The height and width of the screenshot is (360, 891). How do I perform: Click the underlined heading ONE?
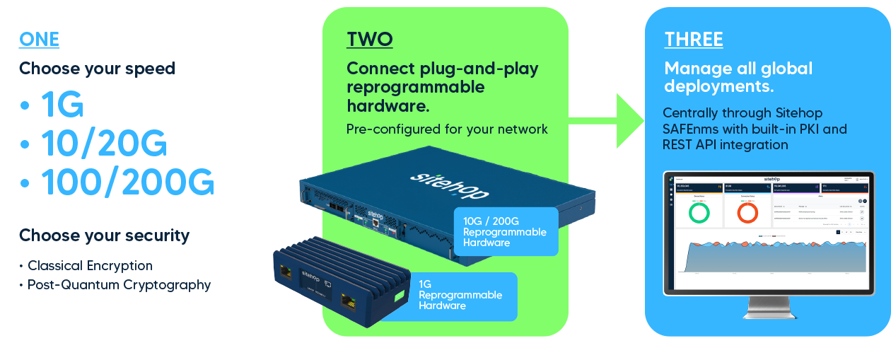pos(39,40)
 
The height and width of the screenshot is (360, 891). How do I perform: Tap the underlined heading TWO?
pos(369,40)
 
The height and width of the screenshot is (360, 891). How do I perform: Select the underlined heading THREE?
pos(694,40)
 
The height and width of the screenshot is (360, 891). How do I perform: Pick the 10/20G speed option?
pos(103,144)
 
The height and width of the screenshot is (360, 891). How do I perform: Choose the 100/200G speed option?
pos(127,182)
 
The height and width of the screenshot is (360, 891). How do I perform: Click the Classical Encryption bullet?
pos(90,266)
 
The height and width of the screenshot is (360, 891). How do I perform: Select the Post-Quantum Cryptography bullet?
pos(119,285)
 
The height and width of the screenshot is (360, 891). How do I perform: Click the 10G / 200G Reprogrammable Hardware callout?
pos(505,232)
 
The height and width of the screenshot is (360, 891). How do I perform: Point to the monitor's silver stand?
pos(767,307)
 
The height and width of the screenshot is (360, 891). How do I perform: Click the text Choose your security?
pos(104,236)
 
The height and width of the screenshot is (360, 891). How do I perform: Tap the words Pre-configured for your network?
pos(447,129)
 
